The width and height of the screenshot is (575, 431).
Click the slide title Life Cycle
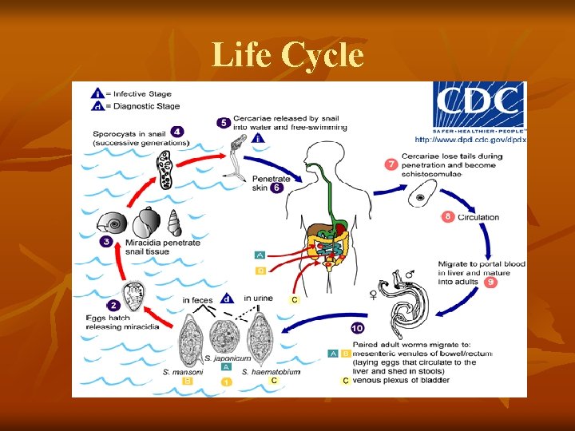pos(287,56)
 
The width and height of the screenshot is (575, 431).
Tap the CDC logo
pos(478,107)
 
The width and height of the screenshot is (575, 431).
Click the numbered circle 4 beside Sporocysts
pos(177,132)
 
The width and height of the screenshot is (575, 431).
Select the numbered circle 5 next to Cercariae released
pos(224,122)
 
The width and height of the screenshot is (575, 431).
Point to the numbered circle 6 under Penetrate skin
pos(276,188)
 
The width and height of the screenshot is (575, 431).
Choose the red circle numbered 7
pos(391,164)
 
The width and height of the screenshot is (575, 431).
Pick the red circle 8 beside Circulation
pos(447,216)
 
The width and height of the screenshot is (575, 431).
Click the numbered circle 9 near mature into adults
pos(490,282)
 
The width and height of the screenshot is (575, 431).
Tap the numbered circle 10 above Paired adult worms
pos(359,328)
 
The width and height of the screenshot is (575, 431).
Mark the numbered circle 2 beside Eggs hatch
pos(113,305)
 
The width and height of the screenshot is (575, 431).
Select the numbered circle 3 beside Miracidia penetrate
pos(105,241)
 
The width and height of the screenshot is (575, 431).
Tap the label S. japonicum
pos(226,358)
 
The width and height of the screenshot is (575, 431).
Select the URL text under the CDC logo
pos(470,140)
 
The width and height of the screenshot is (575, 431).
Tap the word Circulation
pos(478,217)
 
